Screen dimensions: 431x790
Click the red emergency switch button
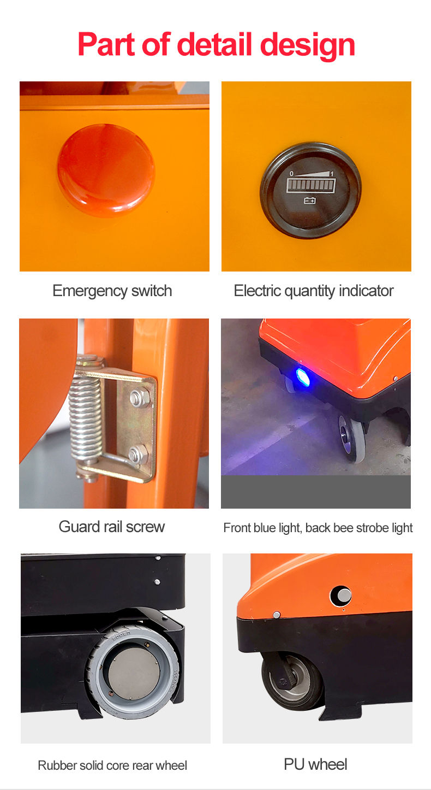click(106, 170)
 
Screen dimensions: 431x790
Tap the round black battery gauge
click(310, 190)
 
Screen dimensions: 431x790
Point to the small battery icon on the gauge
click(310, 201)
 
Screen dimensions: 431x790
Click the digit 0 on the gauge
click(291, 174)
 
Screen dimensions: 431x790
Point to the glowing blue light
click(302, 376)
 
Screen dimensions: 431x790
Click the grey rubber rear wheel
click(133, 672)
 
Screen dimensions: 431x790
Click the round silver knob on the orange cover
click(342, 596)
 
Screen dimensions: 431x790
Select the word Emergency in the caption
click(90, 291)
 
